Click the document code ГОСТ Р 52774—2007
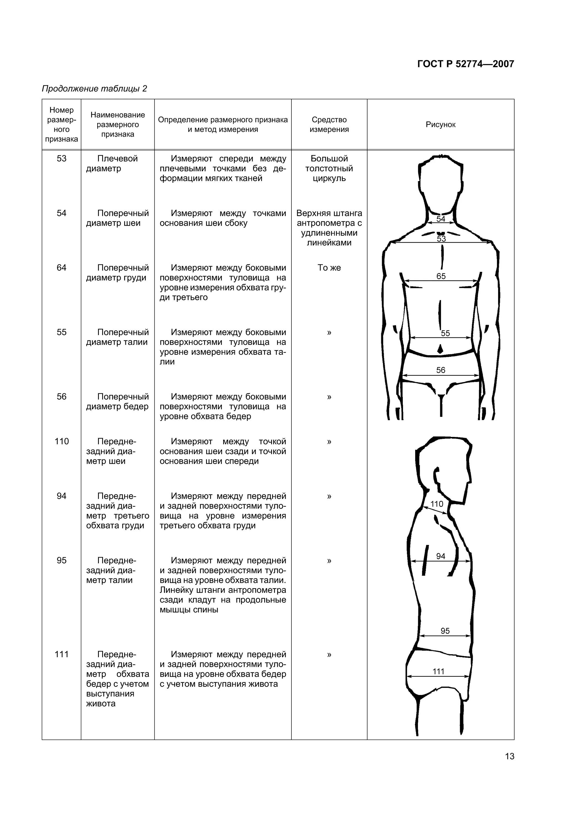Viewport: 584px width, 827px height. point(465,64)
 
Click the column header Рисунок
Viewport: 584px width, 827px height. point(440,125)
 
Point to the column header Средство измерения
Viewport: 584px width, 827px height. point(329,125)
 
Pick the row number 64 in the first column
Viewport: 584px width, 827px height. point(61,268)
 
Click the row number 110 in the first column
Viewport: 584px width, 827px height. point(61,441)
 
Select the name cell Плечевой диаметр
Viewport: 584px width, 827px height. point(117,163)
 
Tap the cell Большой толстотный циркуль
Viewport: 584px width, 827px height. point(329,168)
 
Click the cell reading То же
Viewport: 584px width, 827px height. point(329,268)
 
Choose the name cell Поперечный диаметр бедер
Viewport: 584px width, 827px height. point(117,402)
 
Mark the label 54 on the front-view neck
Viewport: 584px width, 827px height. point(441,219)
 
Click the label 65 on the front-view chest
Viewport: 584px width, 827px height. point(441,276)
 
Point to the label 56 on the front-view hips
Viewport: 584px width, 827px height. point(441,370)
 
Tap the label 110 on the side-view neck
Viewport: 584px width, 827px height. point(437,504)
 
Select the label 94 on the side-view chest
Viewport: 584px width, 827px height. point(441,556)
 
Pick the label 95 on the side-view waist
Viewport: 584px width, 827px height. point(445,631)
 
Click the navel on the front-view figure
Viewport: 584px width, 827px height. point(440,349)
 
